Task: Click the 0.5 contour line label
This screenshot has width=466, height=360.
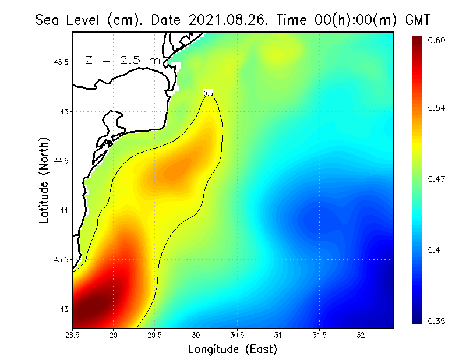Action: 209,93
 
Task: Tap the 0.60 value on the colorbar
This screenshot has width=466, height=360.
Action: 437,40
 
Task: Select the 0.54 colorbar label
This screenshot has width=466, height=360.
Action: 437,108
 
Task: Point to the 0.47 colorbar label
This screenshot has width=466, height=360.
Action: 437,179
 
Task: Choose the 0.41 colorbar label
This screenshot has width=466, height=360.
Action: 437,250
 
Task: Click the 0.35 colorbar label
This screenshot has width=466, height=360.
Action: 437,320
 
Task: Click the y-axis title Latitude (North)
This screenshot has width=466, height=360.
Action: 44,180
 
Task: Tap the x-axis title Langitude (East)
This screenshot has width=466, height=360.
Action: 232,350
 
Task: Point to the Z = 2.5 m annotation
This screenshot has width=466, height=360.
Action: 122,60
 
